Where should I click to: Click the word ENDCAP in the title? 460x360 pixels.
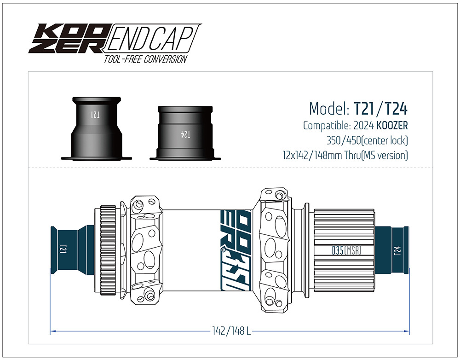point(152,39)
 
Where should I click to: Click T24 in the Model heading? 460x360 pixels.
point(396,109)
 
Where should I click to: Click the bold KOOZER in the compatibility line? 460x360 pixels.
point(392,125)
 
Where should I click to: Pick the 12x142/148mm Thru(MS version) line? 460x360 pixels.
point(345,155)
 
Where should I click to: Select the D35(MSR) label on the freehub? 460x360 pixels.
point(346,250)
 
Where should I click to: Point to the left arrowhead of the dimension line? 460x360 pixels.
point(52,331)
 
